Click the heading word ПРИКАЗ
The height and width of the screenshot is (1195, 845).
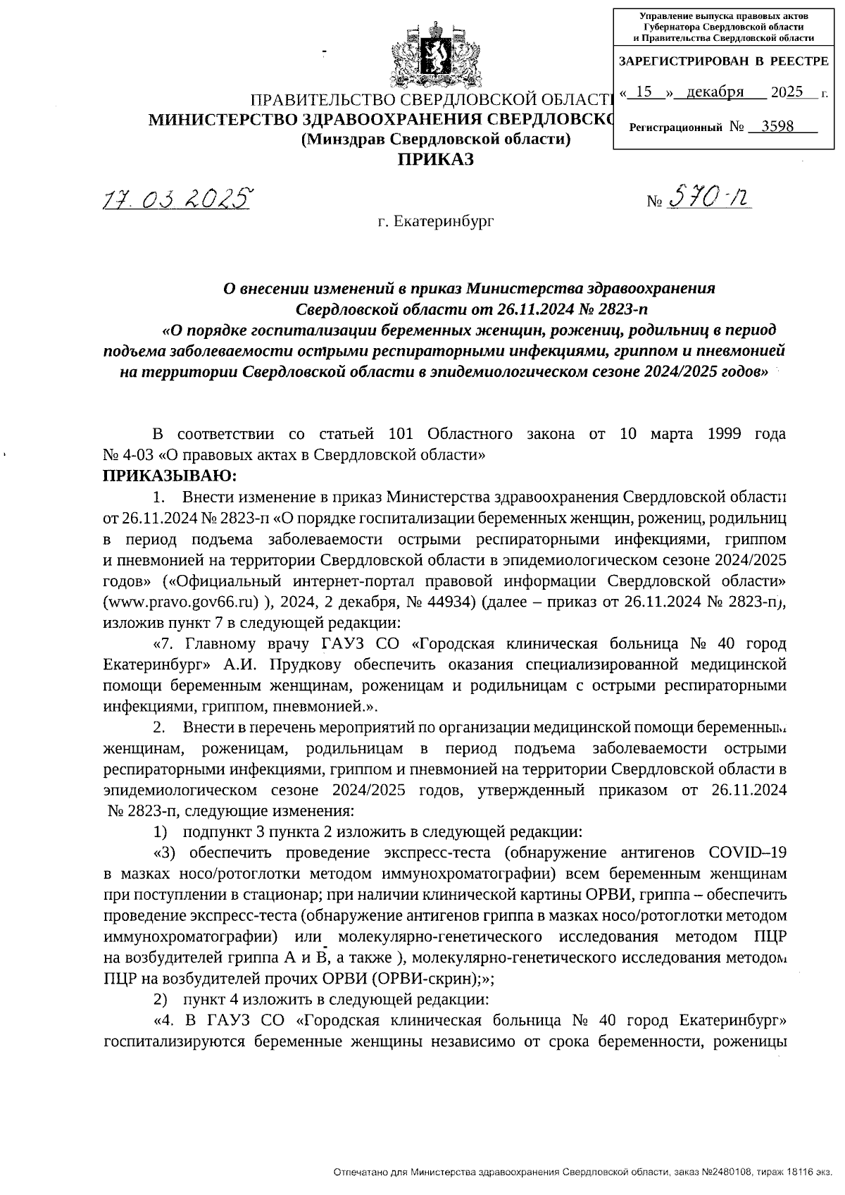(436, 160)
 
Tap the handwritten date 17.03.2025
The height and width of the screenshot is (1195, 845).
(177, 200)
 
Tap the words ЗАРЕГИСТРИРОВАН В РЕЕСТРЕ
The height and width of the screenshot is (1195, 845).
(723, 61)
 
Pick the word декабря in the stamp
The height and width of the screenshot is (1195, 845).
(715, 92)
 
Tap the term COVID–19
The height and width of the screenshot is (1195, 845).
(749, 852)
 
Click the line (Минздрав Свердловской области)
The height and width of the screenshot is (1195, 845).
(435, 140)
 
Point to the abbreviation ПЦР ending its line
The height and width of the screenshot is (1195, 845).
(769, 936)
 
